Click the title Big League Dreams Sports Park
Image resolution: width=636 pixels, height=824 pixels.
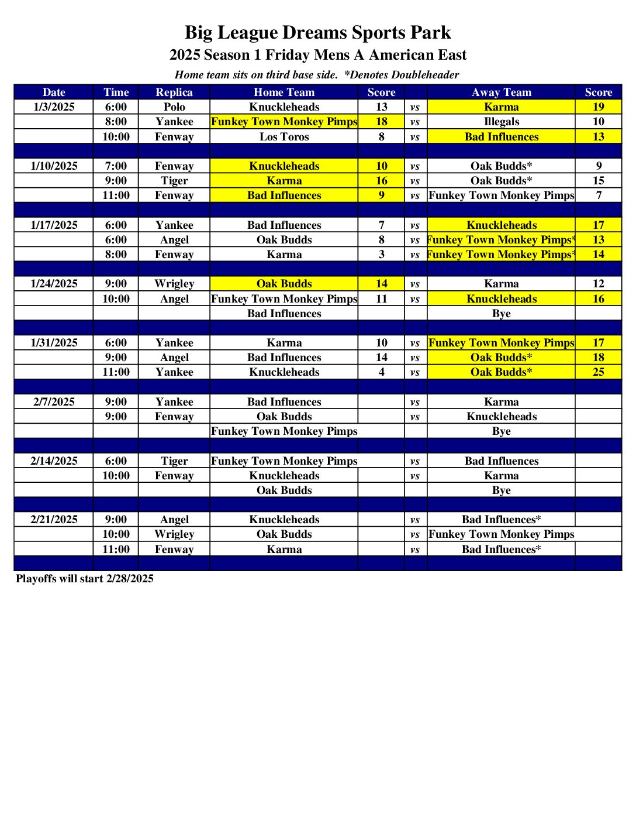(x=317, y=32)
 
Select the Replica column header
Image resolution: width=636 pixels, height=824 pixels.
(x=174, y=92)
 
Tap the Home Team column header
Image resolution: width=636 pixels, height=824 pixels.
(x=284, y=92)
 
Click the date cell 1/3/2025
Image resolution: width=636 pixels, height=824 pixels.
(x=54, y=107)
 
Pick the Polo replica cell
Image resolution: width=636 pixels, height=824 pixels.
(x=174, y=107)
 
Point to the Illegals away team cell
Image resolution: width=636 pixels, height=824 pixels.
(x=502, y=122)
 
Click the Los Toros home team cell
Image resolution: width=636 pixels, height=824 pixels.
(x=284, y=137)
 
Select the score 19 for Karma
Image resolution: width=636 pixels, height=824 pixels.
(x=598, y=107)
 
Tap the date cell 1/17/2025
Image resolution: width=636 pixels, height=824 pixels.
(x=54, y=225)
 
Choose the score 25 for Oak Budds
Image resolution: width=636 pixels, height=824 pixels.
(x=598, y=372)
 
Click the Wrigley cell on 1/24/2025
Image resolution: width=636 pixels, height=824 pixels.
(x=174, y=284)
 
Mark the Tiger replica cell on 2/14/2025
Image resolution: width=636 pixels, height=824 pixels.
(x=174, y=461)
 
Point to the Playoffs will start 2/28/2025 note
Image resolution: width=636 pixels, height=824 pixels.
(x=85, y=579)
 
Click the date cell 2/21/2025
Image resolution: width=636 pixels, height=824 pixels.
(x=54, y=520)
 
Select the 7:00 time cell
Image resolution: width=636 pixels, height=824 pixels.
(x=116, y=166)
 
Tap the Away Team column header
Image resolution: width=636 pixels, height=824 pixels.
(x=502, y=92)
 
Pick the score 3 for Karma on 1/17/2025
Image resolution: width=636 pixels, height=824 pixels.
(x=381, y=255)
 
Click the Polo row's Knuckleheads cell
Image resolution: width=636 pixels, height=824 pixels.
(x=284, y=107)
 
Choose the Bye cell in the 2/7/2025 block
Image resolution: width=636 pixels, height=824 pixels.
(x=502, y=431)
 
